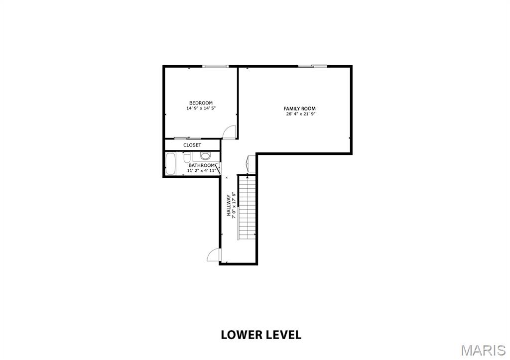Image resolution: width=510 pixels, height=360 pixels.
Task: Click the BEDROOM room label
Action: [201, 103]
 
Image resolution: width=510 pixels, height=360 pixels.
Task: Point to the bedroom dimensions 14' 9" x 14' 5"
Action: [201, 108]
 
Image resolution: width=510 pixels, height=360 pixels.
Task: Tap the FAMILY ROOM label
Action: [299, 109]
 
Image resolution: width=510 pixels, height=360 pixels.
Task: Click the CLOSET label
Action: [192, 145]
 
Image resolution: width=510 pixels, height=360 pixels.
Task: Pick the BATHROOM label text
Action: [202, 165]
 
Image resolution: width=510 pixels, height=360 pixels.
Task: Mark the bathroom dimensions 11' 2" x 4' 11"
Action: [202, 170]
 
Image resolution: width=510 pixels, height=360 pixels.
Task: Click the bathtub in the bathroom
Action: [170, 164]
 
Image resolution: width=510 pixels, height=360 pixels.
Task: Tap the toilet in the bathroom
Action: [187, 157]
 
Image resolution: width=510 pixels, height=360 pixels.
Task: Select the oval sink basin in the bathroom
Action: [205, 156]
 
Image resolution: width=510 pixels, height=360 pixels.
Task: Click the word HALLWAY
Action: [229, 205]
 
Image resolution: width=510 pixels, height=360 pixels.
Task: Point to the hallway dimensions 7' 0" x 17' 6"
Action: [234, 205]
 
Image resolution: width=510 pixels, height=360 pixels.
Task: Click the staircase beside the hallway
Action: [247, 208]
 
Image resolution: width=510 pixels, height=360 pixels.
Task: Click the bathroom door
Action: [218, 168]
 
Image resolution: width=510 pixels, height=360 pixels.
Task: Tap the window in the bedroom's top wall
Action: [215, 66]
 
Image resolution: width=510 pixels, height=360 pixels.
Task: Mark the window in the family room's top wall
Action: [313, 66]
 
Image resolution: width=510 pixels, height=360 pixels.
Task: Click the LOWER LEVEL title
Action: [261, 335]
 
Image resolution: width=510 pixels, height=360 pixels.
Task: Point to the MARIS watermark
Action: [483, 350]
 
